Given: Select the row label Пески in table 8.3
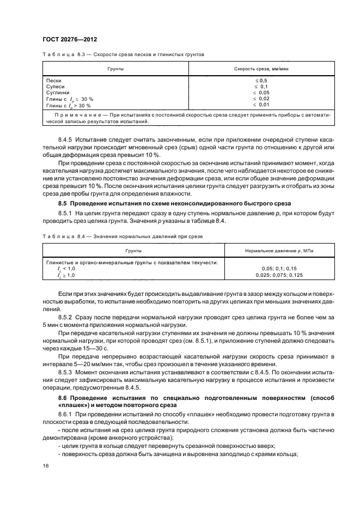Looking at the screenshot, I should (x=54, y=81).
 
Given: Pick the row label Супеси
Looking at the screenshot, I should (x=56, y=87).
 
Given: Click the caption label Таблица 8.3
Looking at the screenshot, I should (x=62, y=54).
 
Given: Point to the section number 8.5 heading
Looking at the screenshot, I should (x=62, y=203).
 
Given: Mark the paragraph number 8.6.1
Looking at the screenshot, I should (x=65, y=415).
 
